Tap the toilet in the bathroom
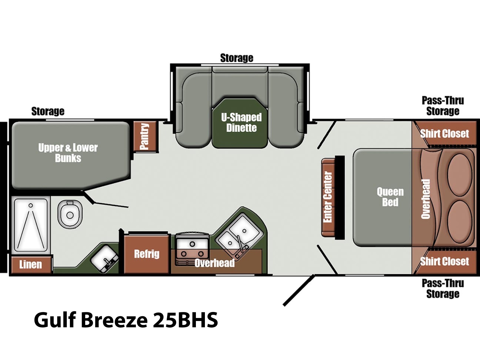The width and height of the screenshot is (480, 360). pyautogui.click(x=70, y=214)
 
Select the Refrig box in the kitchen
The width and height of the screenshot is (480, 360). pyautogui.click(x=147, y=254)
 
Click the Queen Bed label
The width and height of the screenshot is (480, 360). pyautogui.click(x=390, y=197)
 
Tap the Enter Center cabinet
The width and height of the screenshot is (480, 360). pyautogui.click(x=328, y=197)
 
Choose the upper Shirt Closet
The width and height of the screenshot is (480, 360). pyautogui.click(x=444, y=133)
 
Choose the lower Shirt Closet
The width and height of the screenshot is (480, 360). pyautogui.click(x=444, y=261)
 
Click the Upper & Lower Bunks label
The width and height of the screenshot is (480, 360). pyautogui.click(x=68, y=153)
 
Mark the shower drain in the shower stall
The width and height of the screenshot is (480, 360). pyautogui.click(x=31, y=205)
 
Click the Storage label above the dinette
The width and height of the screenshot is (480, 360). pyautogui.click(x=237, y=58)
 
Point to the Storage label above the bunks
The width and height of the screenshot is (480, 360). pyautogui.click(x=48, y=111)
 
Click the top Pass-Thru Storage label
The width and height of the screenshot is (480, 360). pyautogui.click(x=443, y=106)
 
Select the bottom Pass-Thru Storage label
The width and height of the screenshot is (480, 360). pyautogui.click(x=443, y=289)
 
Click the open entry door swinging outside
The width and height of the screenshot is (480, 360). pyautogui.click(x=299, y=290)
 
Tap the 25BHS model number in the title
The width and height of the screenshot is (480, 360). pyautogui.click(x=185, y=320)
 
